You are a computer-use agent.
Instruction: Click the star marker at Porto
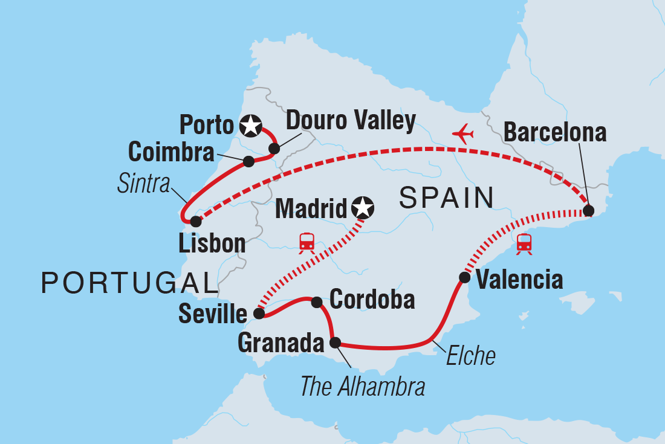tap(250, 126)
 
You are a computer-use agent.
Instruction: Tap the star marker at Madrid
tap(362, 208)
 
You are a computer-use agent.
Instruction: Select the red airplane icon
tap(463, 134)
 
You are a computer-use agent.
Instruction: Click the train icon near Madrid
tap(307, 242)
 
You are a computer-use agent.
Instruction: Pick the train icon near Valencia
tap(524, 243)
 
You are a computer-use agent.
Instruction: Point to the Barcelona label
tap(555, 132)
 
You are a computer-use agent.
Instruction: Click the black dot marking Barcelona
tap(588, 211)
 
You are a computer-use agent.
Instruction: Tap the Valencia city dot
tap(464, 278)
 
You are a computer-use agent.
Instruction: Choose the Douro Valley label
tap(351, 121)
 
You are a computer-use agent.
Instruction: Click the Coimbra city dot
tap(248, 161)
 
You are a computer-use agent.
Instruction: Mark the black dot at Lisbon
tap(195, 222)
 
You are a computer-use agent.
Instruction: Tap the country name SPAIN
tap(446, 198)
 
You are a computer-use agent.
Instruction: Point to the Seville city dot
tap(259, 314)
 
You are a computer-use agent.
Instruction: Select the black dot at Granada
tap(335, 343)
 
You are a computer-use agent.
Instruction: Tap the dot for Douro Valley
tap(274, 149)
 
